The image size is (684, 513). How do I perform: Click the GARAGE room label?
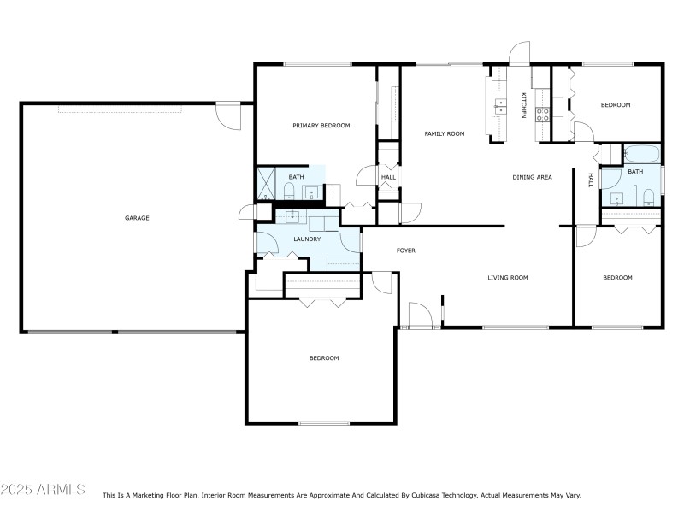click(137, 218)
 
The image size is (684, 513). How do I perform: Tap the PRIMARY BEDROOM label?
click(321, 126)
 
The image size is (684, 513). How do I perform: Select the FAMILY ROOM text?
click(445, 133)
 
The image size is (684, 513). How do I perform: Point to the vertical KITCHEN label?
click(523, 104)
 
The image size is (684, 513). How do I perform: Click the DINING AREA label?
click(532, 177)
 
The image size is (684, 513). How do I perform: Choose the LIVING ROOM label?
click(508, 277)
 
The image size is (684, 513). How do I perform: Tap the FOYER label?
click(405, 251)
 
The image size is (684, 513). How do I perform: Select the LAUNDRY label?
click(307, 239)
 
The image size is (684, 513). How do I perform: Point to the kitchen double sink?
click(498, 107)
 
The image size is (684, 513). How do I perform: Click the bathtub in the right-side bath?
click(641, 156)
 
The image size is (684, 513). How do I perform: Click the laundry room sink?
click(292, 216)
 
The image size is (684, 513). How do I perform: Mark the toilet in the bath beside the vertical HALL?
click(648, 200)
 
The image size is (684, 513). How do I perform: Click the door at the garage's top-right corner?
click(228, 115)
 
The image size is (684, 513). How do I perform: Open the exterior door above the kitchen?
click(519, 55)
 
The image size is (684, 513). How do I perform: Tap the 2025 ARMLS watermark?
click(43, 490)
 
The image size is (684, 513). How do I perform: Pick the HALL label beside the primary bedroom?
click(388, 178)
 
